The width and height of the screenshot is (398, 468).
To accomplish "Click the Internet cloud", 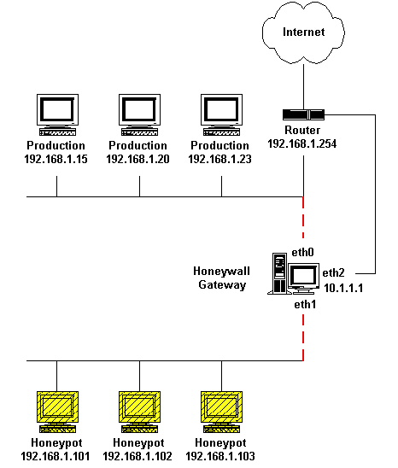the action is [303, 32].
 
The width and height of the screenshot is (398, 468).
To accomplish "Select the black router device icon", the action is [303, 114].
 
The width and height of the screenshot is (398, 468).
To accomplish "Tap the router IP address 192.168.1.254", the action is [302, 143].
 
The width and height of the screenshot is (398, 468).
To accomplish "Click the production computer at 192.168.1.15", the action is [57, 114].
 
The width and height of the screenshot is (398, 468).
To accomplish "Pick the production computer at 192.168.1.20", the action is [139, 114].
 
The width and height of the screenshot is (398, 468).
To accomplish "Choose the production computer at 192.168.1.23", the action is [221, 114].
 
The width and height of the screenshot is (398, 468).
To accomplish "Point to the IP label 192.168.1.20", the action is [138, 159].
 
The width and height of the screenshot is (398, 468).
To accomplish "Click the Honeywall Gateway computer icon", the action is [293, 273].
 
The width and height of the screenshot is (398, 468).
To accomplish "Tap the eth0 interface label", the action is [302, 253].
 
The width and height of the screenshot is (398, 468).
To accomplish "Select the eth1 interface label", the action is [305, 304].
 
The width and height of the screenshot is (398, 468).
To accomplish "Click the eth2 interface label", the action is [333, 272].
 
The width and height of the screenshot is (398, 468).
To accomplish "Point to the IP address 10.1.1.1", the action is [343, 288].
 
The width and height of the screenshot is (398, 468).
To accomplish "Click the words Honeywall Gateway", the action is [221, 278].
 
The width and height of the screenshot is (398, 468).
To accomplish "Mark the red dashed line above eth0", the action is [303, 217].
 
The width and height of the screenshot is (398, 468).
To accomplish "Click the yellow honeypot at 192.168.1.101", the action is [57, 412].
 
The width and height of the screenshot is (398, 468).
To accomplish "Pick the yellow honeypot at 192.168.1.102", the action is [139, 412].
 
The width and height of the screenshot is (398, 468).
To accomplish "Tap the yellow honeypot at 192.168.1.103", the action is [221, 412].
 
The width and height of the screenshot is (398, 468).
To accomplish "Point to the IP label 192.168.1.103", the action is [220, 456].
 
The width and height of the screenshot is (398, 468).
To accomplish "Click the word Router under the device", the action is [302, 130].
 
